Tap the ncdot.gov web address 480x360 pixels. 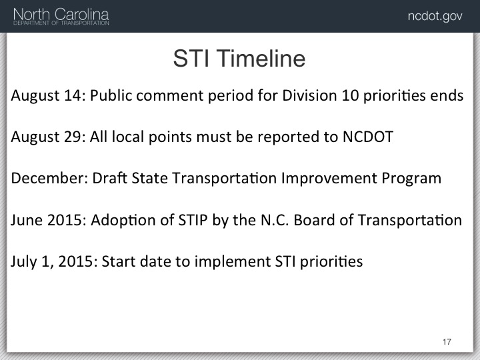pos(435,16)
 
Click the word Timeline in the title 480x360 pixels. pos(261,58)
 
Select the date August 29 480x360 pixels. pos(48,137)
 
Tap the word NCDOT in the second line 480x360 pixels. pos(368,137)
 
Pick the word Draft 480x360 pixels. pos(109,178)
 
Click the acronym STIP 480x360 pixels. pos(193,220)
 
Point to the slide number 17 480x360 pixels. pos(447,341)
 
